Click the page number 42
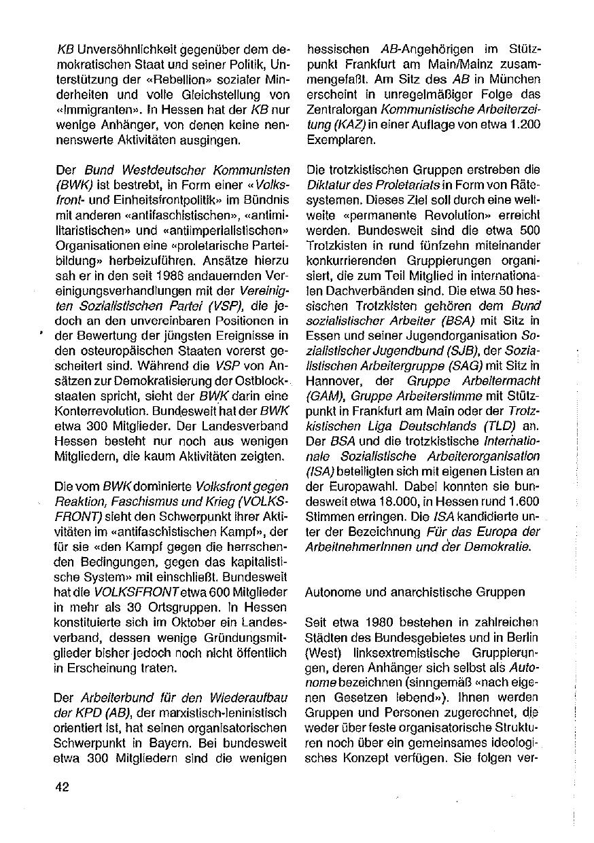pyautogui.click(x=63, y=787)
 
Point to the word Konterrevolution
pyautogui.click(x=99, y=412)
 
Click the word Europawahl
pyautogui.click(x=370, y=486)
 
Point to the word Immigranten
pyautogui.click(x=86, y=109)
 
